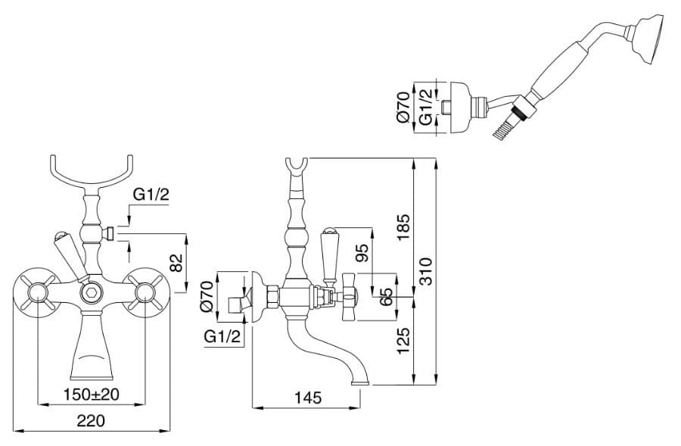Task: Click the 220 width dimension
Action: [x=92, y=421]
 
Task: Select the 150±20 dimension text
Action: [x=92, y=395]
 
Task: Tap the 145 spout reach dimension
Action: [x=308, y=398]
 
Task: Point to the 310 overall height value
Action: [x=427, y=271]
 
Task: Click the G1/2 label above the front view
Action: [x=151, y=195]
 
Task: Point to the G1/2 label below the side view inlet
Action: [x=222, y=336]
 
